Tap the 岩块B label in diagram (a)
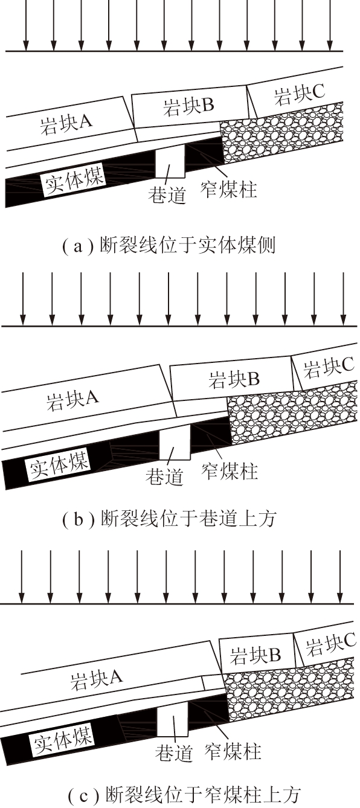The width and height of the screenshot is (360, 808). coord(188,106)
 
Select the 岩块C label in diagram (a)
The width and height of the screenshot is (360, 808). coord(299,94)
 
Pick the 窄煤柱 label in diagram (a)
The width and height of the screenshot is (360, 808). coord(229,189)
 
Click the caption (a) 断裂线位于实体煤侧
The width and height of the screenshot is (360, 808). coord(169,246)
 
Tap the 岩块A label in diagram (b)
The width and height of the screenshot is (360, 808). coord(72,400)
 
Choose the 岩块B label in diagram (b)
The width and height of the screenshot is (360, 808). coord(234,380)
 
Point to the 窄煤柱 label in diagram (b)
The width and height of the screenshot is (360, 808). coord(230,471)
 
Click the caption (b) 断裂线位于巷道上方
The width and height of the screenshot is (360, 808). coord(170,519)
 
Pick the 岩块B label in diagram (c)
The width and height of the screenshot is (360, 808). coord(256,655)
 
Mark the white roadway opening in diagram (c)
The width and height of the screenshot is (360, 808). coord(172,718)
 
